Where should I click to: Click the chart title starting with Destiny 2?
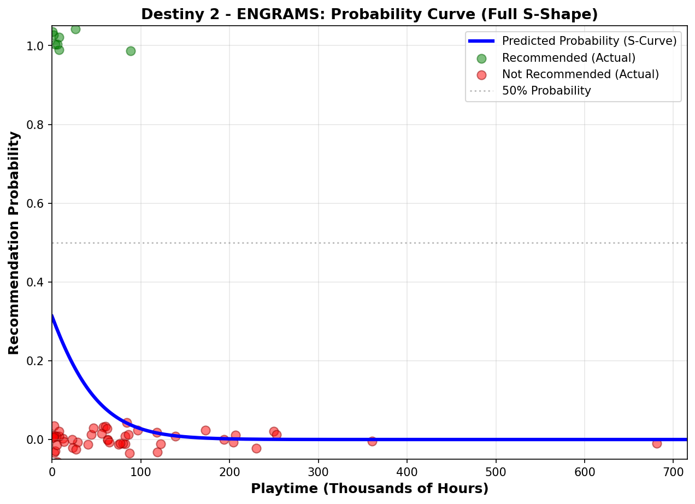[369, 14]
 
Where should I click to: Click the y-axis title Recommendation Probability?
[14, 243]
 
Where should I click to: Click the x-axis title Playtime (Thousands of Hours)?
[369, 489]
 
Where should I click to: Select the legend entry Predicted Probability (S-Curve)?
[589, 41]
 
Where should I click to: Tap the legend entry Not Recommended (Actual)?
[580, 74]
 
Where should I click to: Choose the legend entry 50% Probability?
[546, 91]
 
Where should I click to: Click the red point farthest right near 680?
[657, 443]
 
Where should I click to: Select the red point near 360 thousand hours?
[372, 441]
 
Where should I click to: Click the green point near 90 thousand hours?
[131, 51]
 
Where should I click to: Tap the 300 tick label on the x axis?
[319, 470]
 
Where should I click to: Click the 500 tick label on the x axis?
[496, 470]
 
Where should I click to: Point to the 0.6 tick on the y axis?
[40, 203]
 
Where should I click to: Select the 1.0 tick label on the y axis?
[40, 46]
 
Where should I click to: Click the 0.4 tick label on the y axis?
[40, 282]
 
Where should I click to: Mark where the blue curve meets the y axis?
[52, 315]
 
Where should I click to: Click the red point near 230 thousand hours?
[256, 448]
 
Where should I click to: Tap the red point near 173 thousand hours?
[205, 430]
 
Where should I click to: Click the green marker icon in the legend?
[481, 58]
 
